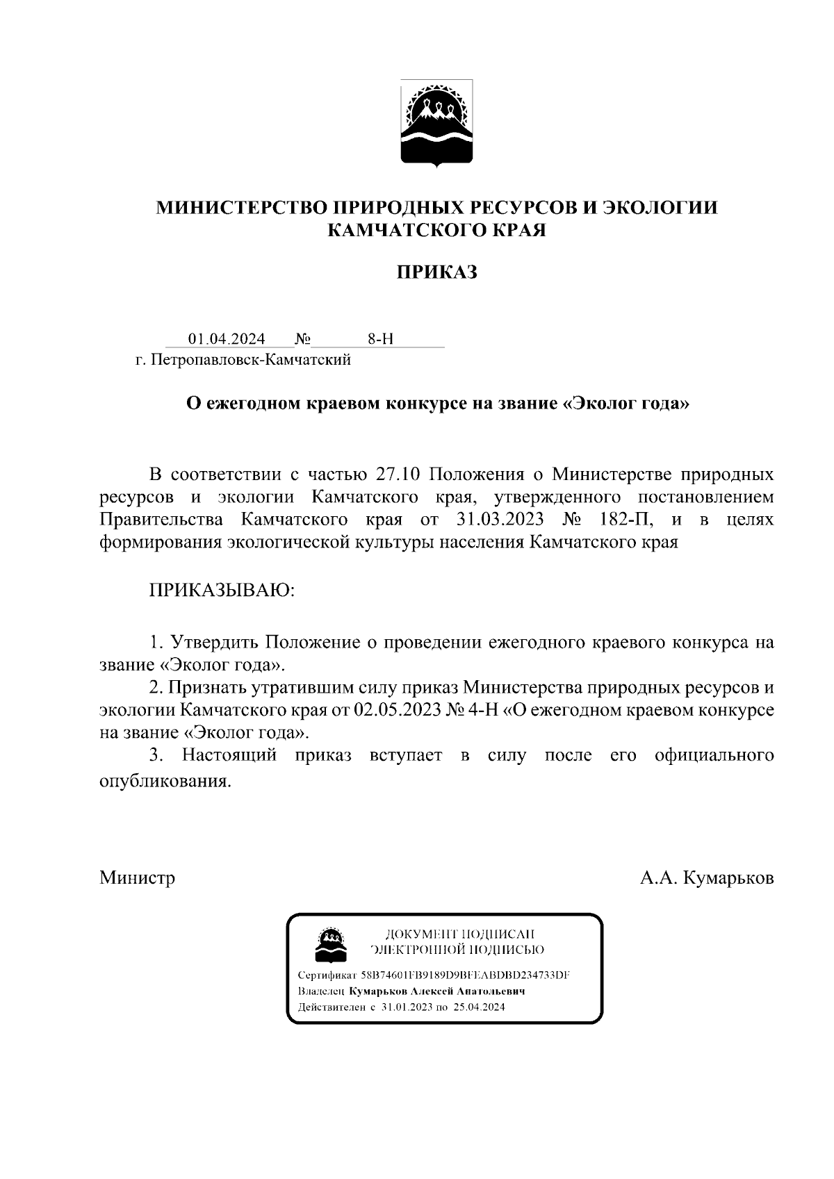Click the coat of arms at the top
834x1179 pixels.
[436, 124]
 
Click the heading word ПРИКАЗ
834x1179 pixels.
[436, 272]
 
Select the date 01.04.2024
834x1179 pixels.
[227, 339]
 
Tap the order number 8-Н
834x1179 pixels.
[380, 339]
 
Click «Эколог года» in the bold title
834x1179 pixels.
[625, 404]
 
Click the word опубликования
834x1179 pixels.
[164, 780]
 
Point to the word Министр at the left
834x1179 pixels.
[137, 877]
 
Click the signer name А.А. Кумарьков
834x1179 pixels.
[706, 877]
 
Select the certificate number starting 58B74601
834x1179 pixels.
[465, 975]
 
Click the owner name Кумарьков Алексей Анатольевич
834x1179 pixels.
[436, 991]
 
